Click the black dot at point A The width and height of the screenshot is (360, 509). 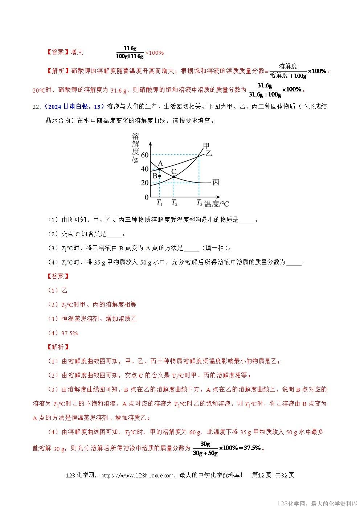160,169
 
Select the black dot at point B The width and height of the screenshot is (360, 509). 159,176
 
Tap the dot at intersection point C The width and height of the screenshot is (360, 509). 174,177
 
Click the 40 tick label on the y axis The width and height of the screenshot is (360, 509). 145,169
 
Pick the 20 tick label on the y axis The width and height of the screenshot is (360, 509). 145,183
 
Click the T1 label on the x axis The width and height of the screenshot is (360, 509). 159,202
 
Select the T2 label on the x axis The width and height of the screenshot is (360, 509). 174,202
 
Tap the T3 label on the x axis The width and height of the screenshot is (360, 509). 199,202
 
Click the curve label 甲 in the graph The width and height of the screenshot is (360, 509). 206,146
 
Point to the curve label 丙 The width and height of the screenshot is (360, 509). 216,182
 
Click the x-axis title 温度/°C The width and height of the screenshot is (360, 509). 217,204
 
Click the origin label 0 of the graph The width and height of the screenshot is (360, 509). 147,197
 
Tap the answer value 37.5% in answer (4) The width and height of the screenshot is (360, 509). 69,333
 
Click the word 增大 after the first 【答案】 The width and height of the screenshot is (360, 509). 77,52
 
